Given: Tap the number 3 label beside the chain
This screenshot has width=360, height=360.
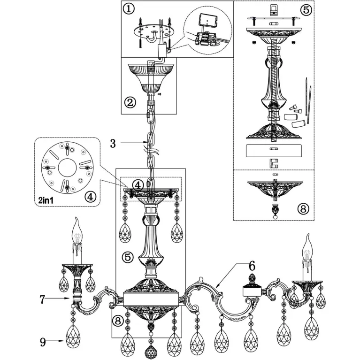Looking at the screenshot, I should (x=113, y=144).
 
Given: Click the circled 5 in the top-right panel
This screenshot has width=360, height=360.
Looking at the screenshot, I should (x=306, y=10).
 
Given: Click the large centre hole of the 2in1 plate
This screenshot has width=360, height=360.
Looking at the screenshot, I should (x=68, y=168).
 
